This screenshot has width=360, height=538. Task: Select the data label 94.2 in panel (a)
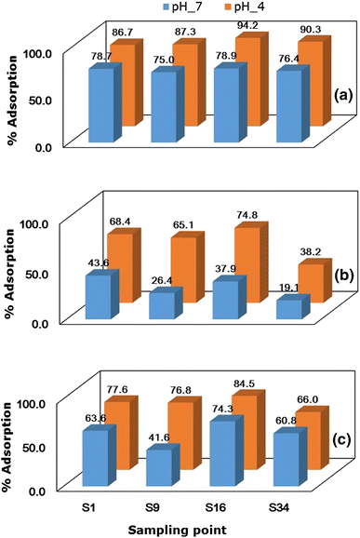pos(247,26)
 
